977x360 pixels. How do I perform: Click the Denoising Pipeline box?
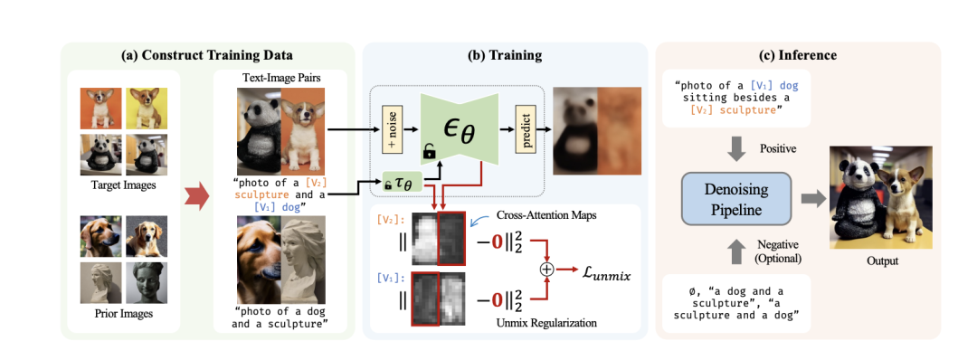(735, 198)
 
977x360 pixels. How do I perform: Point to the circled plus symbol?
(546, 270)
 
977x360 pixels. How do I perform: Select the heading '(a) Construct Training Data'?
(207, 55)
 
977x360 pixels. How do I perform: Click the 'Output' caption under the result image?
(882, 261)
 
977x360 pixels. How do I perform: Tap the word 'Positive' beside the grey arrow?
(778, 149)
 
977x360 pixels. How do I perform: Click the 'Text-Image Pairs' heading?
(280, 80)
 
